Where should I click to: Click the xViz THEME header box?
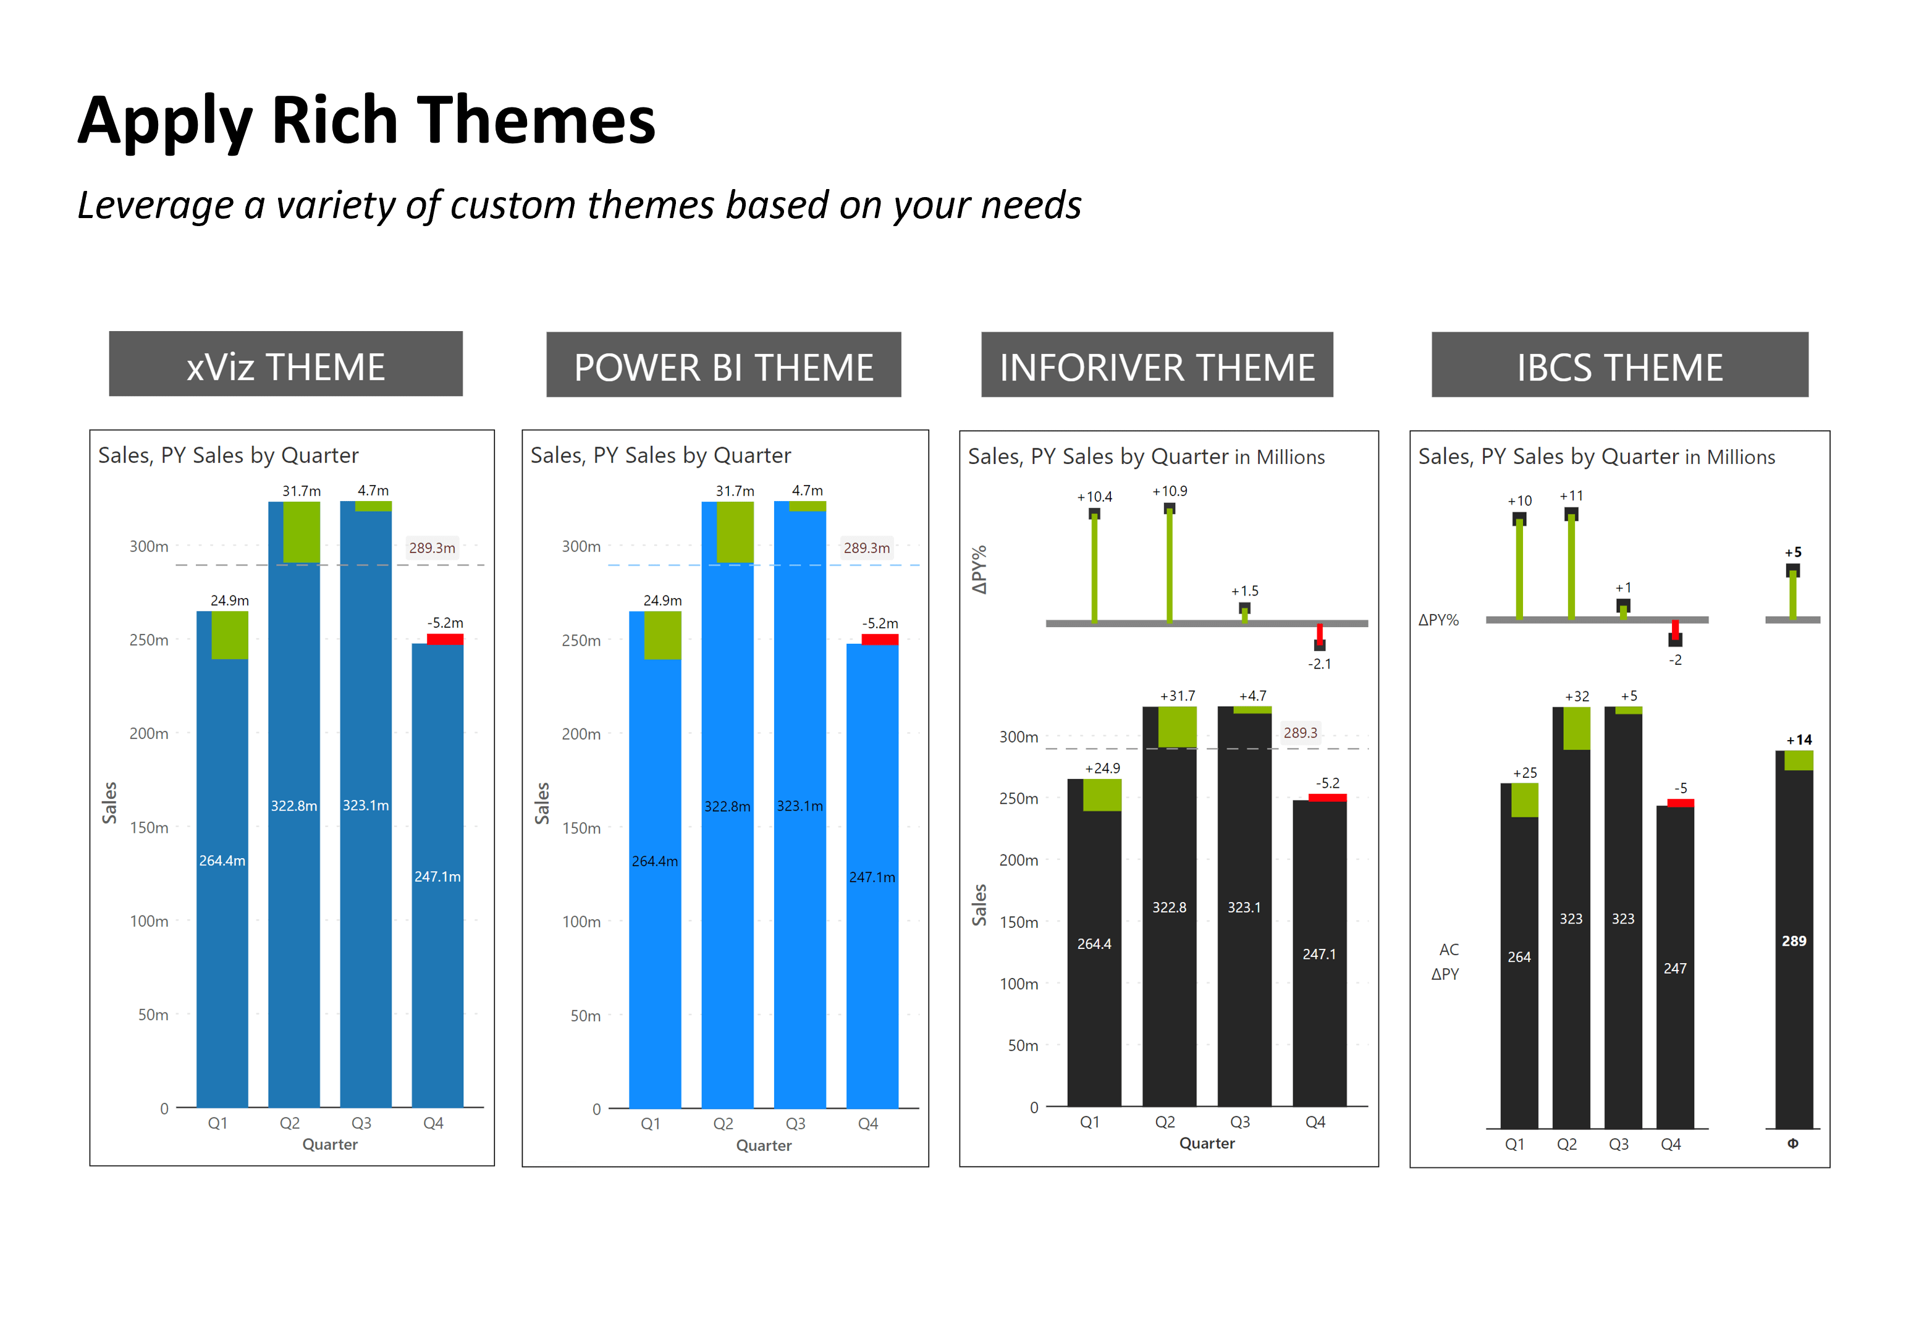(285, 365)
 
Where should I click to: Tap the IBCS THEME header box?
(1619, 365)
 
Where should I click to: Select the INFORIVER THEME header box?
(1157, 365)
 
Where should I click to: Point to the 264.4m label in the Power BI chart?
(654, 861)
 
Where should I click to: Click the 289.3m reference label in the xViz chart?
(431, 547)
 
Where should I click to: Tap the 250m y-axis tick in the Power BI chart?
(581, 640)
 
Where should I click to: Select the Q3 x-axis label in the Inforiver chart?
(1239, 1122)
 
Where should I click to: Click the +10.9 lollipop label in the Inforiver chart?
(1169, 491)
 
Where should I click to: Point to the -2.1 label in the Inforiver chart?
(1319, 664)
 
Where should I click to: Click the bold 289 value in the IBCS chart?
(1793, 941)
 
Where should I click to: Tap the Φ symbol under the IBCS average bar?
(1792, 1144)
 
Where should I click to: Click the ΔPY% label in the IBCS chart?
(1438, 619)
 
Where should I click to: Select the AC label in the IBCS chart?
(1448, 949)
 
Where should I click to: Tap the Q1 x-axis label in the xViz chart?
(217, 1123)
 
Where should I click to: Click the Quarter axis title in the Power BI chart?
(763, 1145)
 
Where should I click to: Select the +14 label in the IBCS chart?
(1798, 740)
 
